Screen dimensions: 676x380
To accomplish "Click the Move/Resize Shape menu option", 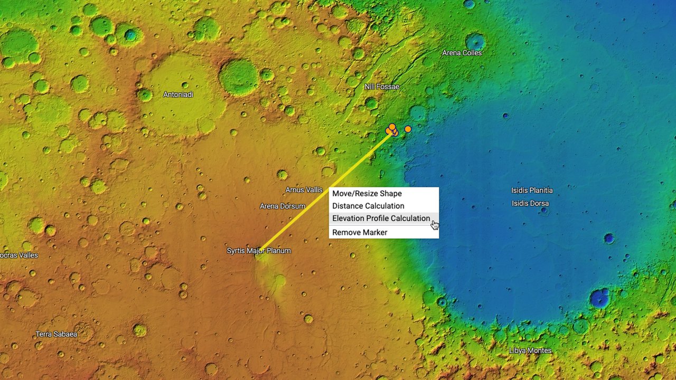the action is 367,194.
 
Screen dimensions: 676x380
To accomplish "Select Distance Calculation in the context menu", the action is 368,206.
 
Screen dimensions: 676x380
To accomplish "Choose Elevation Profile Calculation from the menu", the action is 381,218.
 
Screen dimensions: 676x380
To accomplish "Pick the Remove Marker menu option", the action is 360,233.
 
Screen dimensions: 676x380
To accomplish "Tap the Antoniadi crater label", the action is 178,94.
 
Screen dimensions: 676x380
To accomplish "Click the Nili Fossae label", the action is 382,87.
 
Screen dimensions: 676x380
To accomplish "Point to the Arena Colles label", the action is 462,53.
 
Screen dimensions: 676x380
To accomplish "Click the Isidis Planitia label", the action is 532,191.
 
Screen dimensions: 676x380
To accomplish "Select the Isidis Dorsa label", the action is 530,203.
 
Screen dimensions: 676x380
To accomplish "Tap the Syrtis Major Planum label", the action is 259,251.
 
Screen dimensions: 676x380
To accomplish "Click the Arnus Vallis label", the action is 304,190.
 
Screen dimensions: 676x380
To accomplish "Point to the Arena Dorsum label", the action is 283,206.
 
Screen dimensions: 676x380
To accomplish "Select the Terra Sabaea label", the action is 57,334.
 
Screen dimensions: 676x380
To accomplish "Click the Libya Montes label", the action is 530,350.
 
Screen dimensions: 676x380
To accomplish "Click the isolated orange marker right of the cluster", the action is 408,129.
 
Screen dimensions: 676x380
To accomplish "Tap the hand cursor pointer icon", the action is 435,225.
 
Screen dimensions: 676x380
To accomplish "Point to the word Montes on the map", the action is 540,350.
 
